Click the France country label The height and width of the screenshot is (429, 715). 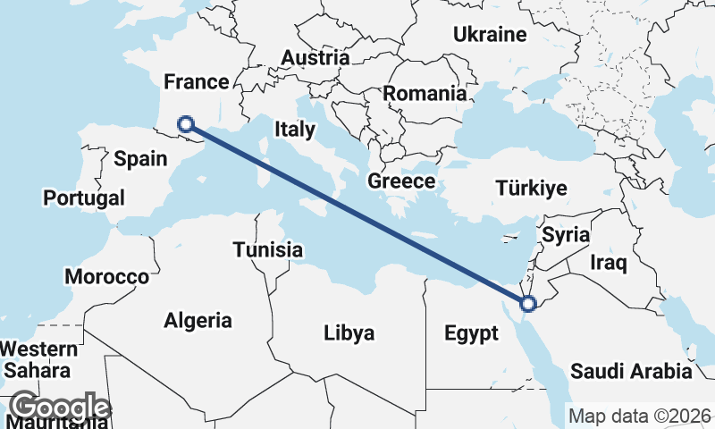point(197,82)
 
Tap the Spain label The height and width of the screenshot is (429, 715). point(141,159)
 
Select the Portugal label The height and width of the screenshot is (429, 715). point(84,198)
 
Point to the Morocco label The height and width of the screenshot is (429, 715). point(106,277)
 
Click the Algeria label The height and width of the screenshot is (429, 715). point(198,320)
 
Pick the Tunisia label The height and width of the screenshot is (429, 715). point(268,250)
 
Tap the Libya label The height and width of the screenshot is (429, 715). point(349,333)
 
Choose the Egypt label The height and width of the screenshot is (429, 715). point(471,334)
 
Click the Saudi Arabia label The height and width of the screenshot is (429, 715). point(631,371)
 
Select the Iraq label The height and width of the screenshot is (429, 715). point(609,263)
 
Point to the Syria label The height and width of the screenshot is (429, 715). point(566,236)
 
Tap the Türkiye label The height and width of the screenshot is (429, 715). point(533,189)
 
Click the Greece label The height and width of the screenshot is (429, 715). point(401,181)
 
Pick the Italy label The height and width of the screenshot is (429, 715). point(295,129)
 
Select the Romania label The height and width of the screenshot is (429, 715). point(425,93)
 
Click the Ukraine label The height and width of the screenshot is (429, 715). point(490,35)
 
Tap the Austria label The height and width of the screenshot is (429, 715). point(315,58)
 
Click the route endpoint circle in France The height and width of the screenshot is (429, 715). point(186,124)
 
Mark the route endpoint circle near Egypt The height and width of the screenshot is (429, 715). point(527,304)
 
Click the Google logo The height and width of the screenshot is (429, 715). point(61,408)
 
